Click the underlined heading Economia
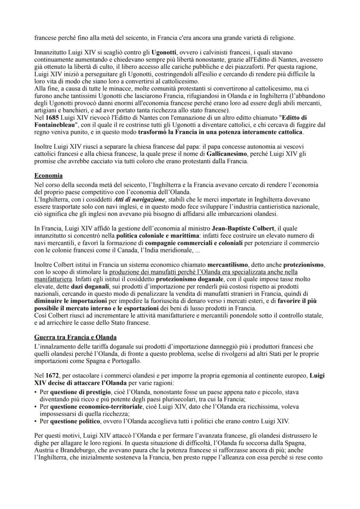click(x=48, y=176)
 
